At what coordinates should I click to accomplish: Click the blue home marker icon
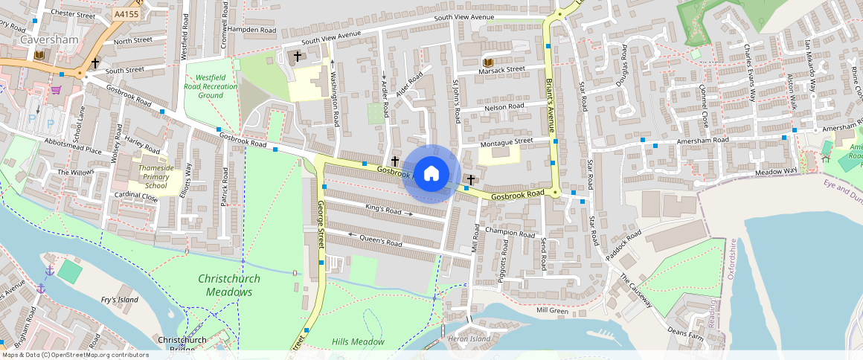point(431,174)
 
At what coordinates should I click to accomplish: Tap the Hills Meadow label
point(358,342)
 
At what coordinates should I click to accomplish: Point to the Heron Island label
point(469,338)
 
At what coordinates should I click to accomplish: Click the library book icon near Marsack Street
point(488,62)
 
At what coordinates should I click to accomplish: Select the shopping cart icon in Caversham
point(56,90)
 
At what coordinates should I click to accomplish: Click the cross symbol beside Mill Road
point(470,180)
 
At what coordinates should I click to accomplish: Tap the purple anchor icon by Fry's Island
point(50,270)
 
